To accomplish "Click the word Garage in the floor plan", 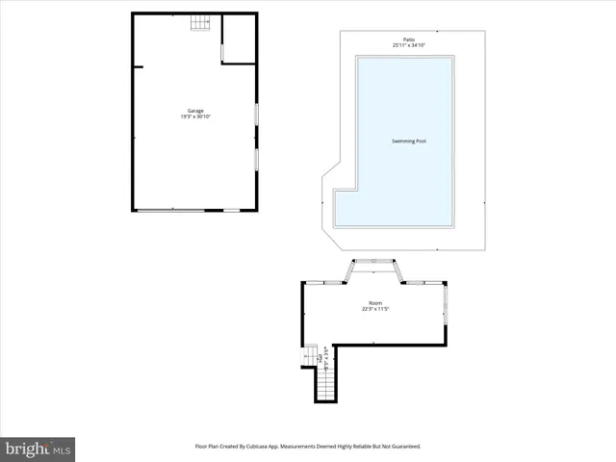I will (194, 111).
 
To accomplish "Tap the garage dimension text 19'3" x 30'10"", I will (194, 116).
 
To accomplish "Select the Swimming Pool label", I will (408, 141).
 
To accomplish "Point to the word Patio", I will (409, 39).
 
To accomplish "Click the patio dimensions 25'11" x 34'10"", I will (409, 45).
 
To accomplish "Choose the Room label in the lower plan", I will (375, 303).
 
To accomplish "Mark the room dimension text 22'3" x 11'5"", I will (375, 309).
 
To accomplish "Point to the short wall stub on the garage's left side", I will (138, 66).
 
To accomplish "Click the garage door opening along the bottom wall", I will (170, 210).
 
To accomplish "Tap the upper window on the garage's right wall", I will (255, 113).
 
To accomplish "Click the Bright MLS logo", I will (38, 449).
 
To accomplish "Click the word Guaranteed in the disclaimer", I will (400, 447).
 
